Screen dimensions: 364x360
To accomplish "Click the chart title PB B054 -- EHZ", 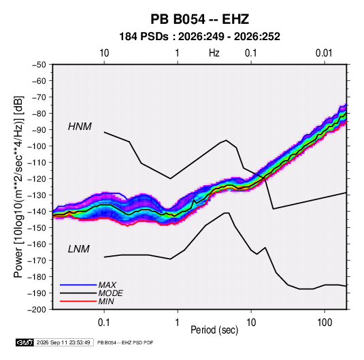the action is [199, 19].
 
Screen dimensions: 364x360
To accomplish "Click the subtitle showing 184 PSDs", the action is [199, 37].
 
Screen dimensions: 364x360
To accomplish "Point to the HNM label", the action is [80, 127].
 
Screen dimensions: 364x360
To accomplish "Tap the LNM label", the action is [79, 249].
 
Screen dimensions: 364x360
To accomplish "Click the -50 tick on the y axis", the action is [39, 65].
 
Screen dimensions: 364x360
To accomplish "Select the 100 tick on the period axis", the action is [325, 323].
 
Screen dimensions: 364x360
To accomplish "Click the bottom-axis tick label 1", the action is [177, 323].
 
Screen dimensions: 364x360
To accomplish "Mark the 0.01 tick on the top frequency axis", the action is [324, 53].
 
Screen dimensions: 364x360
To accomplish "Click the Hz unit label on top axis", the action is [214, 53].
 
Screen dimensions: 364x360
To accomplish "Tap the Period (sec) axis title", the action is [214, 330].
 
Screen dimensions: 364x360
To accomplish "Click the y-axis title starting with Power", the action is [18, 186].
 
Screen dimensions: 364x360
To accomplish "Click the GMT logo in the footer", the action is [25, 342].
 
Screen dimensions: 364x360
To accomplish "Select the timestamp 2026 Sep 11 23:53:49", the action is [63, 342].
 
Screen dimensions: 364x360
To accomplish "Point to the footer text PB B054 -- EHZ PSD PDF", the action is [125, 342].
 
